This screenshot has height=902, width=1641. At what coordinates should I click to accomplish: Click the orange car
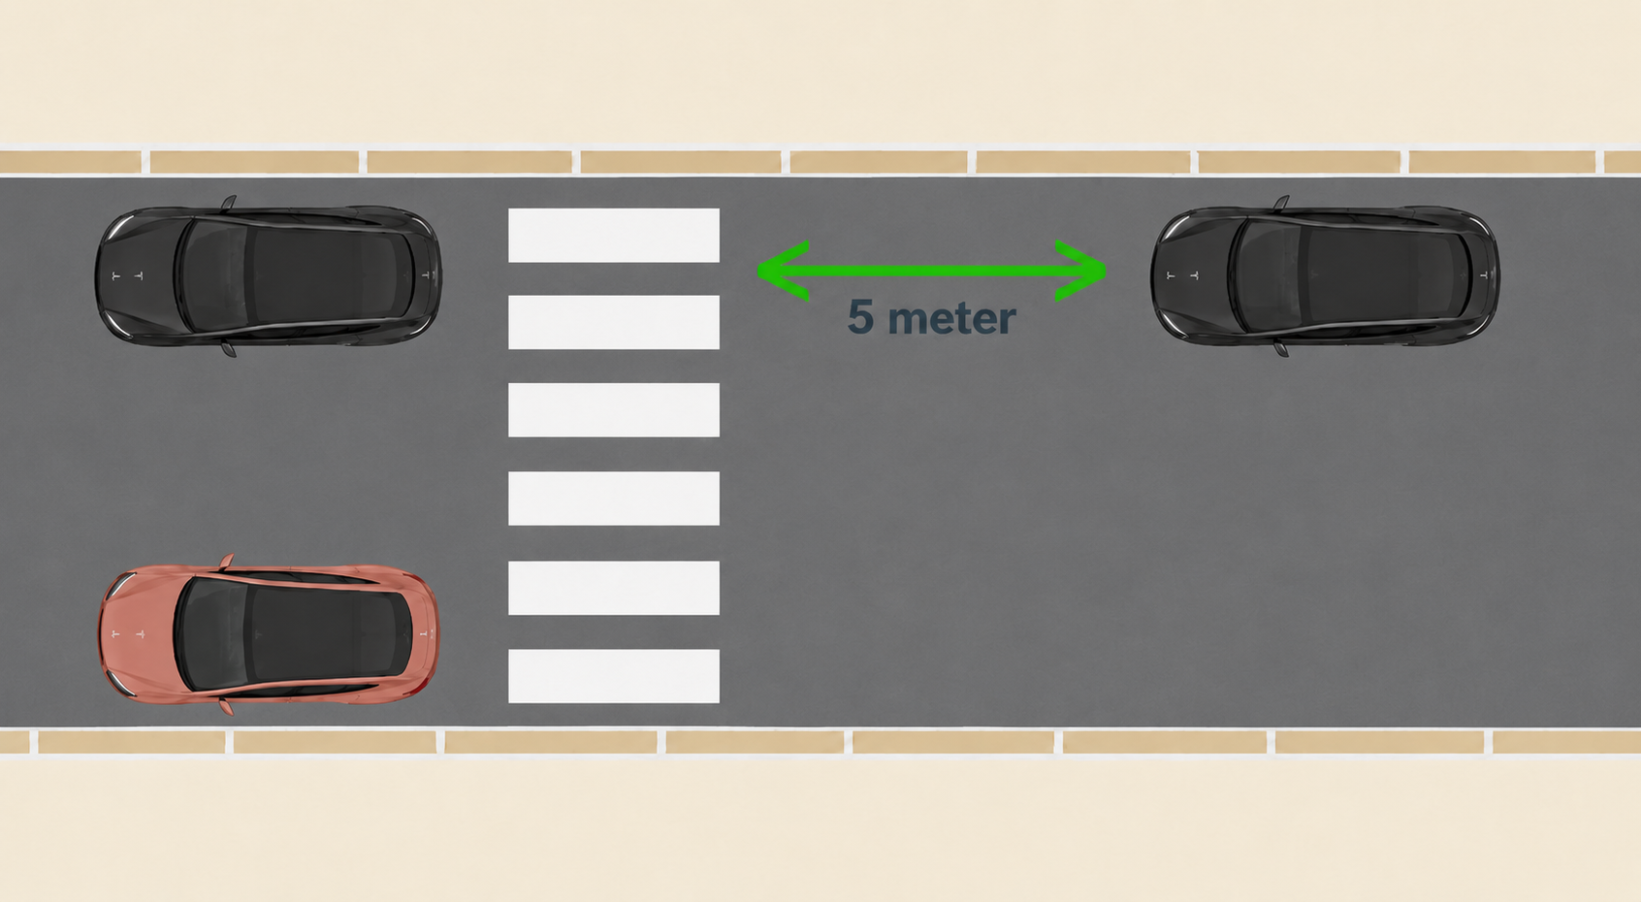[269, 634]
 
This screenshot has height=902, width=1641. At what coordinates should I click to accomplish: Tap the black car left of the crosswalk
[268, 275]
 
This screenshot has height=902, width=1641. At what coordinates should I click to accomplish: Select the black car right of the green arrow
[1325, 275]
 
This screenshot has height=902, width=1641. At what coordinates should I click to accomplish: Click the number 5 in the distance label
[861, 317]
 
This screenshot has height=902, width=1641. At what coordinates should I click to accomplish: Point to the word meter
[951, 319]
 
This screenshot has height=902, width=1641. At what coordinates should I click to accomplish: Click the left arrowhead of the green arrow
[783, 272]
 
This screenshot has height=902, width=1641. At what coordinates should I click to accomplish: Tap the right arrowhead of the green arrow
[1080, 272]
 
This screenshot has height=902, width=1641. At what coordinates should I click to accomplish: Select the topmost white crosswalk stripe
[614, 236]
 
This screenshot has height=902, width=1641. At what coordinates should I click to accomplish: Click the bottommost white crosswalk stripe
[614, 676]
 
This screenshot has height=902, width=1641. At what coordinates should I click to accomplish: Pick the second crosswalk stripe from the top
[614, 322]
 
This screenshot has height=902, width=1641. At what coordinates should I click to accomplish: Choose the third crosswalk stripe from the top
[614, 410]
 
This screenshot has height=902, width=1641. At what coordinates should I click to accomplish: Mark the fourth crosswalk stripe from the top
[614, 499]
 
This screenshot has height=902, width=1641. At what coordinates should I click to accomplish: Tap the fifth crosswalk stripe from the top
[614, 588]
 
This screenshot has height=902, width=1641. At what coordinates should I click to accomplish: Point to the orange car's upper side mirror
[226, 562]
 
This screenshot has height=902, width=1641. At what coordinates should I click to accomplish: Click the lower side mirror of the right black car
[1280, 349]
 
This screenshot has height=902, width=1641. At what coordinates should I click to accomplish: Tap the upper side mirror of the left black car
[229, 203]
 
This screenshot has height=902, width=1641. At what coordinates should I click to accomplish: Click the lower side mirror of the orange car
[226, 708]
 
